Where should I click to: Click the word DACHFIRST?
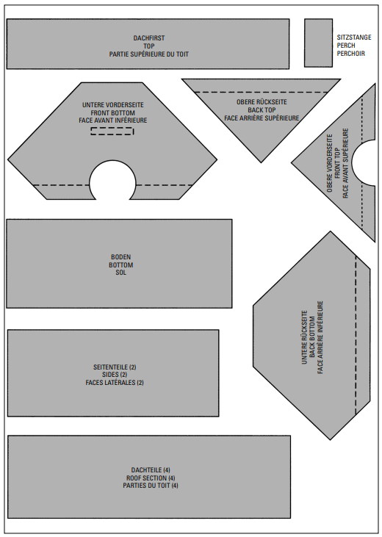tap(149, 38)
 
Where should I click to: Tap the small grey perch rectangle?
tap(318, 43)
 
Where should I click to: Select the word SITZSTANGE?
tap(354, 37)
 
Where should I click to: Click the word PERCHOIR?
tap(351, 54)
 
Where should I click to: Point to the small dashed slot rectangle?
tap(112, 131)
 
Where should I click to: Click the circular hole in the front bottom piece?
tap(112, 180)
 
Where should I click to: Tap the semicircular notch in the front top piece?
tap(364, 162)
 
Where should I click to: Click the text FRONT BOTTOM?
tap(112, 112)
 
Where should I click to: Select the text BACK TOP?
tap(262, 110)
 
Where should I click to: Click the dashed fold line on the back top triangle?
tap(262, 92)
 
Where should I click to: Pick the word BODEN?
tap(121, 257)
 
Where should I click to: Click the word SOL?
tap(121, 273)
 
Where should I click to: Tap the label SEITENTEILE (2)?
tap(115, 367)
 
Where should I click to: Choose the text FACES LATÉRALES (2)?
tap(115, 383)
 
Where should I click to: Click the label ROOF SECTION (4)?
tap(151, 477)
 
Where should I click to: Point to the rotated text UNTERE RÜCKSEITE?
tap(304, 337)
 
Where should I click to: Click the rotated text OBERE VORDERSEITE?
tap(330, 163)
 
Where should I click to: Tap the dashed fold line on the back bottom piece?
tap(356, 335)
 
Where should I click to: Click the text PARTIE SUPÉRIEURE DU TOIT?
tap(149, 54)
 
